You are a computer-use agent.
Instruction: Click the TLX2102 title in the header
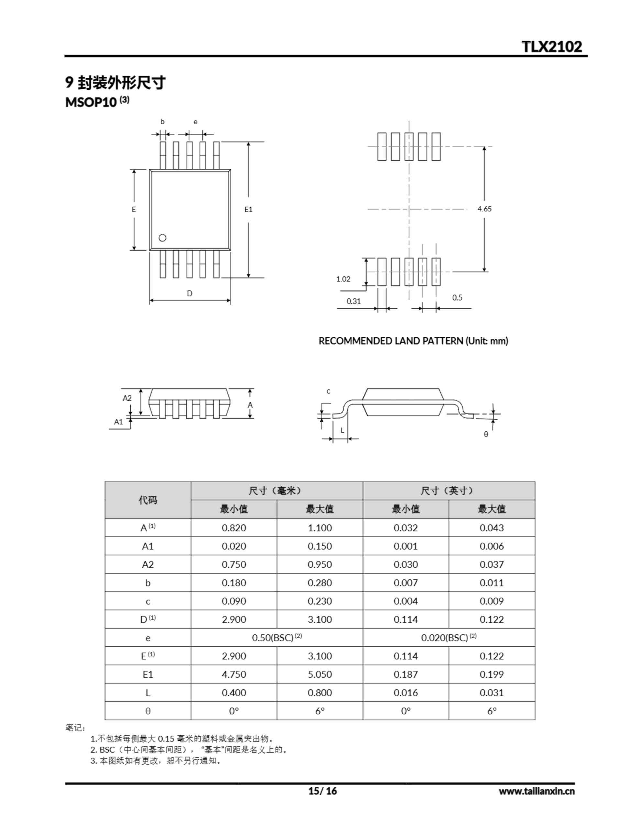[551, 46]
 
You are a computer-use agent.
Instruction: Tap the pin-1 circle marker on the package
[162, 238]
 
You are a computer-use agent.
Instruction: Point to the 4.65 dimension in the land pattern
[484, 209]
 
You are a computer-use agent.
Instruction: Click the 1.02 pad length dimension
[343, 279]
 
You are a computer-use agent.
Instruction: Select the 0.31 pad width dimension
[354, 301]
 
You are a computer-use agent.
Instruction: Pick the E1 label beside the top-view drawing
[248, 209]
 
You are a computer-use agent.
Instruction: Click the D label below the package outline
[190, 293]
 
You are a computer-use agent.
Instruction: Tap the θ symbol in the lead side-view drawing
[486, 434]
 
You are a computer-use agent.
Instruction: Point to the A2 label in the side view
[127, 398]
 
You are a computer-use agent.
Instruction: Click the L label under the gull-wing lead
[342, 430]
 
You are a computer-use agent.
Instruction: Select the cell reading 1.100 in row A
[319, 528]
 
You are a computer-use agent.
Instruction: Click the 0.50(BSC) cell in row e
[277, 638]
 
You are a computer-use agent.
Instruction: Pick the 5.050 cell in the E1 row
[319, 675]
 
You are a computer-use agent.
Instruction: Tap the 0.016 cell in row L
[405, 693]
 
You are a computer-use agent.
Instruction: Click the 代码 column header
[148, 500]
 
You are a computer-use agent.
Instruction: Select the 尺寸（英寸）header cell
[448, 491]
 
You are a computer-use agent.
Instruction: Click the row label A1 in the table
[148, 546]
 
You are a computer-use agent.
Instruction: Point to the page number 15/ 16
[322, 791]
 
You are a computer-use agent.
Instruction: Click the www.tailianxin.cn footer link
[536, 791]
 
